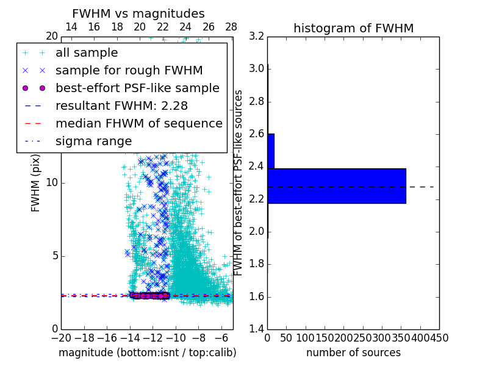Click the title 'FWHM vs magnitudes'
coord(138,13)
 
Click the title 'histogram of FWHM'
coord(353,28)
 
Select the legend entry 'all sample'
coord(87,53)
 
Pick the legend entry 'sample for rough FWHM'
coord(129,70)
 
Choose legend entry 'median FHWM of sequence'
coord(138,123)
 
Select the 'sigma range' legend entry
coord(93,141)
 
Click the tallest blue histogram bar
coord(336,185)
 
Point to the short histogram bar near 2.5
coord(271,151)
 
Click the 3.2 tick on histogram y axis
coord(256,36)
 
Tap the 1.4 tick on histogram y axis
coord(256,329)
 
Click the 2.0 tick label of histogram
coord(256,232)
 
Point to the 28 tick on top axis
coord(231,27)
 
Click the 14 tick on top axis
coord(71,27)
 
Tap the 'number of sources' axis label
coord(353,353)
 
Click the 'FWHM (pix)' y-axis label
coord(36,183)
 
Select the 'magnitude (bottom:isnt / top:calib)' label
coord(147,353)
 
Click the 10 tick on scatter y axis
coord(52,182)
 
